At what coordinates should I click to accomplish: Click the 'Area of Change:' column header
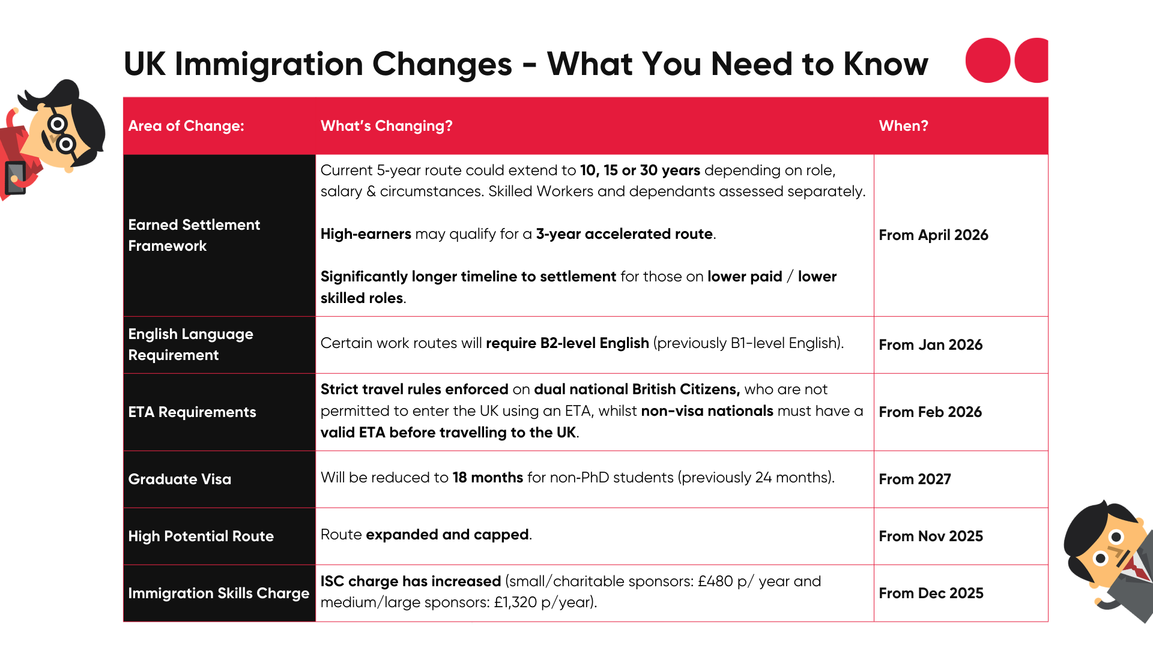pos(186,126)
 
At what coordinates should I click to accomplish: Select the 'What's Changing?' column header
pos(386,126)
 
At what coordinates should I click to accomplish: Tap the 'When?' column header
pos(903,126)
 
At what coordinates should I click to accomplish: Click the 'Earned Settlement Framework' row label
pos(194,235)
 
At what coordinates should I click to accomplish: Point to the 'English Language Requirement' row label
pos(190,344)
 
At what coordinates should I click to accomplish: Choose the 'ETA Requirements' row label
pos(192,412)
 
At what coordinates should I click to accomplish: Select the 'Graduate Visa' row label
pos(180,479)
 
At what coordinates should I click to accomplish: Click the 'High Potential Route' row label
pos(201,536)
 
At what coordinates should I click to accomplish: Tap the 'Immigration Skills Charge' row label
pos(219,593)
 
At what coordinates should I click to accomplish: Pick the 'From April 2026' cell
pos(933,235)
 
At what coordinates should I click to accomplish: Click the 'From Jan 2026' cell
pos(930,345)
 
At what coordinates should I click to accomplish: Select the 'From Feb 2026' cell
pos(930,412)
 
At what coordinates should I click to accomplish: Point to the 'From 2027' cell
pos(915,479)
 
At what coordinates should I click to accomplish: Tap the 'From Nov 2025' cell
pos(931,536)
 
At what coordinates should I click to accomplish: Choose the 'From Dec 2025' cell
pos(931,593)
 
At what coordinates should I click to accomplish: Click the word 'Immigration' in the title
pos(268,64)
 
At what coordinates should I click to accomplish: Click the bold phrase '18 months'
pos(488,478)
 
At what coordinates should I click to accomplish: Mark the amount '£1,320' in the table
pos(515,602)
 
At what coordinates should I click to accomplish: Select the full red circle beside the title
pos(988,61)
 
